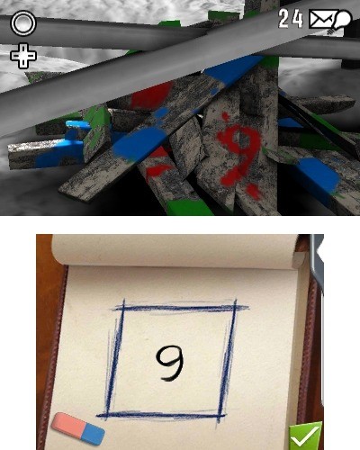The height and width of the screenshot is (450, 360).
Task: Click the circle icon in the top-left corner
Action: click(x=23, y=23)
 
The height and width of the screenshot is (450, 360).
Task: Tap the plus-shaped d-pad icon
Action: click(x=23, y=56)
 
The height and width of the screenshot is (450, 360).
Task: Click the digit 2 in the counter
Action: click(x=284, y=19)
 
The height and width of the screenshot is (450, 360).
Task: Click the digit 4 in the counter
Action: click(x=298, y=19)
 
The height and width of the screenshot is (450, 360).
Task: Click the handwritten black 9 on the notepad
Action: click(x=170, y=364)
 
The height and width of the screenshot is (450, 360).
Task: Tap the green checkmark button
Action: click(x=305, y=436)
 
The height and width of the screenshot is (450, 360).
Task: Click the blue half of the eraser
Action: click(x=93, y=435)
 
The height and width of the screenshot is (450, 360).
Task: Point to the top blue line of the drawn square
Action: click(x=179, y=308)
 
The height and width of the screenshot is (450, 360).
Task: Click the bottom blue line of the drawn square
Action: click(x=161, y=415)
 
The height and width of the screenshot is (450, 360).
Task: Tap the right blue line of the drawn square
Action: click(x=227, y=358)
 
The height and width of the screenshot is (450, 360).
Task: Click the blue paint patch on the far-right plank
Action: click(x=319, y=174)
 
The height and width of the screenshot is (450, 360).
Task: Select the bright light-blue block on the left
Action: click(x=76, y=132)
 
